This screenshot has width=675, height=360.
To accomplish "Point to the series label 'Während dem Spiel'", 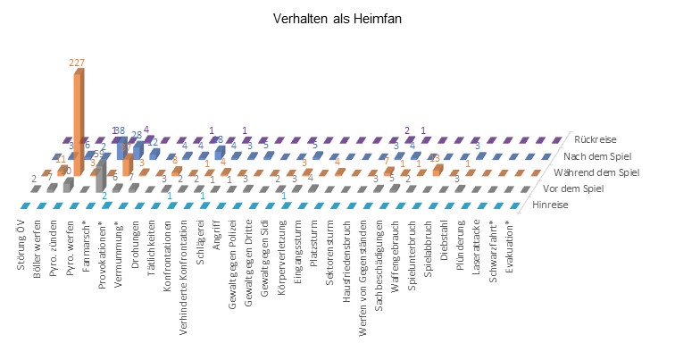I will pyautogui.click(x=608, y=172).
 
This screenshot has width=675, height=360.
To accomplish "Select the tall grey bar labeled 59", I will pyautogui.click(x=102, y=175).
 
